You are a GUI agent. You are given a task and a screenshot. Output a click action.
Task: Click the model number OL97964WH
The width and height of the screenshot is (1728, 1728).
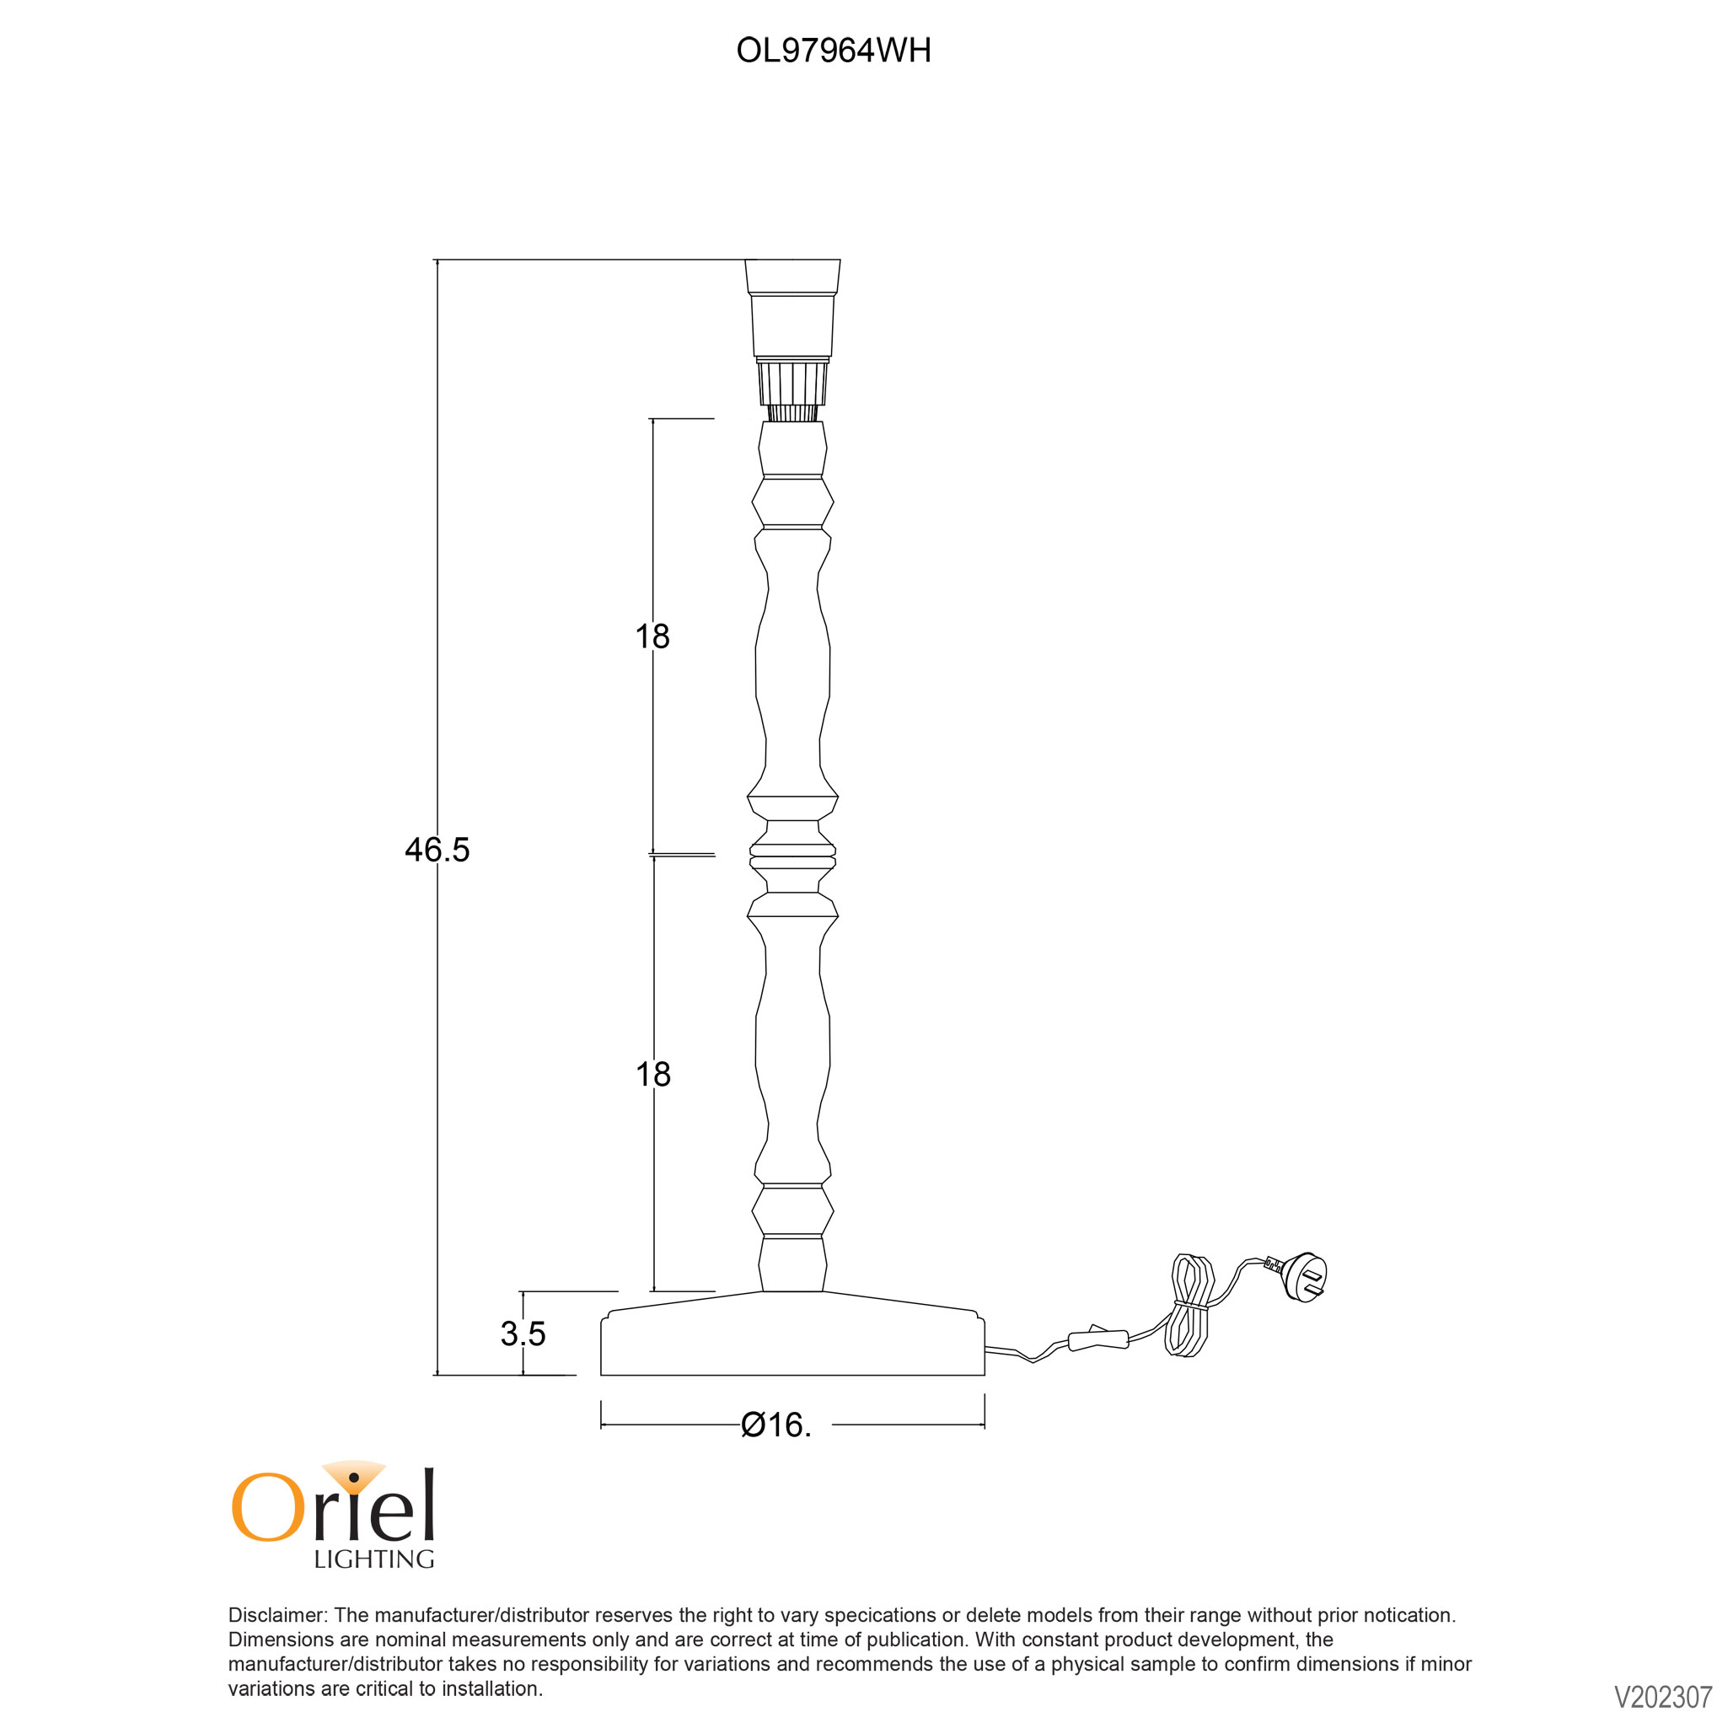(834, 50)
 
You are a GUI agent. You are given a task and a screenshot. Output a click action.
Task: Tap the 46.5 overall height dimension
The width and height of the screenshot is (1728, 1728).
(437, 849)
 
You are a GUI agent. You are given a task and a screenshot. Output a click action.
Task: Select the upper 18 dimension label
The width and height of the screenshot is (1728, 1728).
(652, 636)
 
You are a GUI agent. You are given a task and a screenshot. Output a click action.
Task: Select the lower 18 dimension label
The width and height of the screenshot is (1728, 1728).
(653, 1073)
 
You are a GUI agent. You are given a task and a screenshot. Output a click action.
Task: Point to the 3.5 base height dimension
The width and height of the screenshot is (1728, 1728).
(523, 1334)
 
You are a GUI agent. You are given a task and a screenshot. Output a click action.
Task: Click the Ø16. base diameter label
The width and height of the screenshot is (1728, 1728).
(776, 1425)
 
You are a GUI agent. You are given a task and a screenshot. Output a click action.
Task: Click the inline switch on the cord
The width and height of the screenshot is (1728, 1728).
(1099, 1339)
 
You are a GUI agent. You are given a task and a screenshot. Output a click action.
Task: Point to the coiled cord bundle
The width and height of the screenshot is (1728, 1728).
(1189, 1307)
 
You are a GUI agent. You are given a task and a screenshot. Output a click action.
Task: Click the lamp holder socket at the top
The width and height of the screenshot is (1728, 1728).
(792, 309)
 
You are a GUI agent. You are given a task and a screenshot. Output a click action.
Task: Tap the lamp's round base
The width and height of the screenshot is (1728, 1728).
(792, 1334)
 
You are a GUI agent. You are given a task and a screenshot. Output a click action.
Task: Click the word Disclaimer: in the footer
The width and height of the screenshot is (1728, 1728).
(279, 1615)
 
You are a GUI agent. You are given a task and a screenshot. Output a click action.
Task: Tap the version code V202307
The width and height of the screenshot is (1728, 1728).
(1663, 1698)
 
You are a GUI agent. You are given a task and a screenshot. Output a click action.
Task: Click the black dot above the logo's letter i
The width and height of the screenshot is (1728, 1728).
(354, 1477)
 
